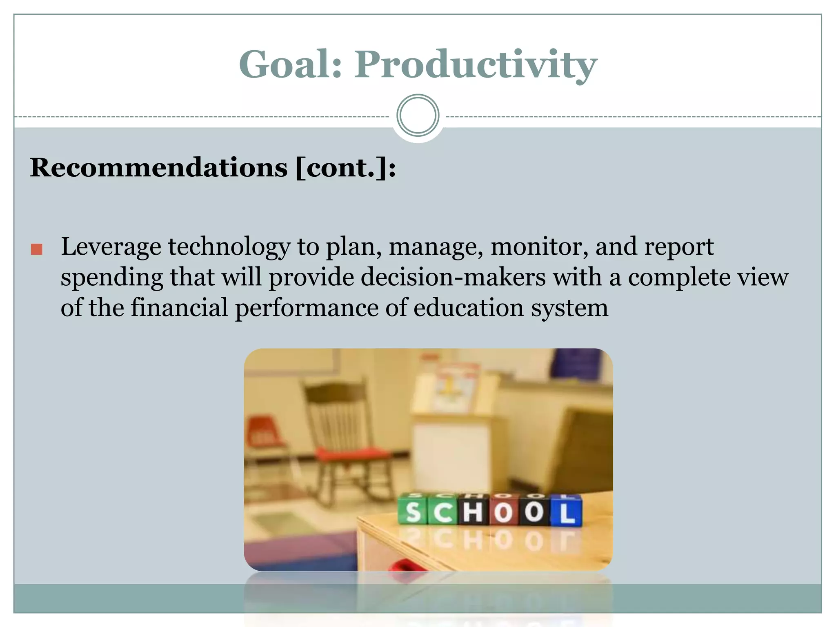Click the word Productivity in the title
click(x=475, y=65)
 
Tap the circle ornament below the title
click(x=418, y=116)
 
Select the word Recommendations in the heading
click(x=158, y=168)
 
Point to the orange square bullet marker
click(x=37, y=249)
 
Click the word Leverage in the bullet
click(x=111, y=247)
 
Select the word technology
click(x=229, y=247)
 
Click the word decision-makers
click(x=453, y=277)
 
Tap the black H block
click(x=474, y=511)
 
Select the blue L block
click(x=567, y=512)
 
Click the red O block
click(x=504, y=511)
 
